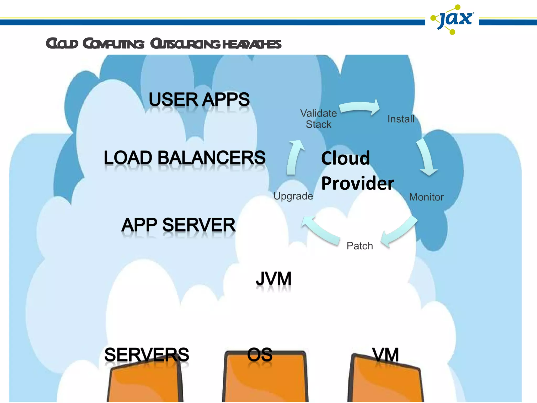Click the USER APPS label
point(199,99)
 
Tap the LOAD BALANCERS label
point(185,158)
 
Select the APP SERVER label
point(178,225)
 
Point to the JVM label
point(274,279)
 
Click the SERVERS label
point(147,354)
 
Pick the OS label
point(260,354)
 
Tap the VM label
point(385,355)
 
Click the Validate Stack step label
point(318,119)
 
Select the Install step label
point(401,119)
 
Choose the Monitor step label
point(426,197)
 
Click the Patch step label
point(360,246)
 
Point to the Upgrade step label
point(293,196)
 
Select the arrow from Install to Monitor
point(426,157)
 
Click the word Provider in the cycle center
point(358,183)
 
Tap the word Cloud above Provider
point(346,158)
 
